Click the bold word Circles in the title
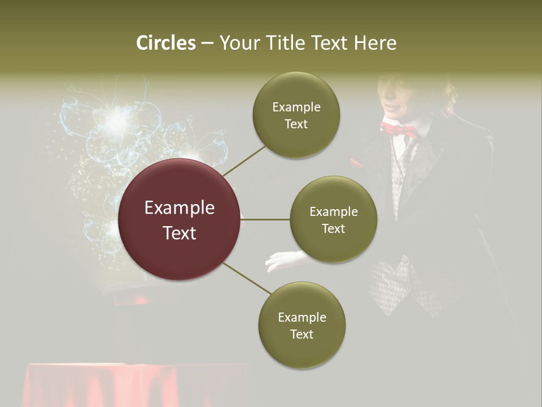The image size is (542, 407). [166, 43]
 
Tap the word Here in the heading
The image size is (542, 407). [375, 43]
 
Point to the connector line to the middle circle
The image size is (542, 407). [265, 219]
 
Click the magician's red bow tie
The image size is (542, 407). [399, 129]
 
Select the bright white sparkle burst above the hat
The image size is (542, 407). [117, 118]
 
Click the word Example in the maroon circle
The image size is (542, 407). [179, 208]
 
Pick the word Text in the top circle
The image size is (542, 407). [296, 124]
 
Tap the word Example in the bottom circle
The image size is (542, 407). [301, 317]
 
